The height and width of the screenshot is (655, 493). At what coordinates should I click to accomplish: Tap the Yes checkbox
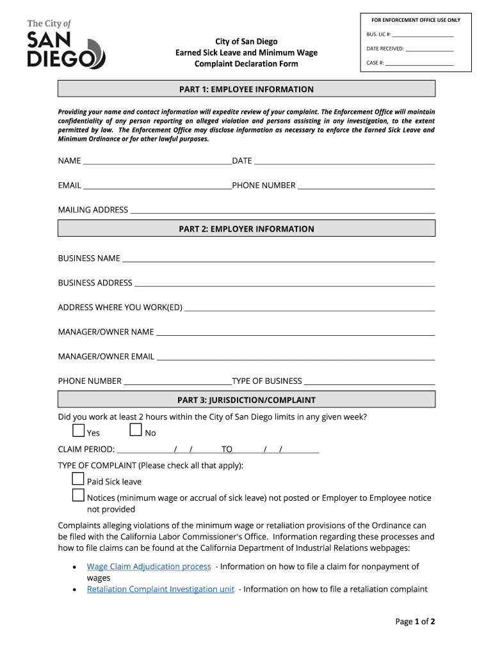pyautogui.click(x=78, y=430)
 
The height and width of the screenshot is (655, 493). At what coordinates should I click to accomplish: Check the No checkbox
pyautogui.click(x=136, y=430)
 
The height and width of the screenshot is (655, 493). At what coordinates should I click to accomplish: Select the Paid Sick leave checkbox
pyautogui.click(x=78, y=479)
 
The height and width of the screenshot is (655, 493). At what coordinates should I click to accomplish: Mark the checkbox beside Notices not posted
pyautogui.click(x=78, y=495)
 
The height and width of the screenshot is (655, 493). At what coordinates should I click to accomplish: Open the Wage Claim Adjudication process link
pyautogui.click(x=149, y=567)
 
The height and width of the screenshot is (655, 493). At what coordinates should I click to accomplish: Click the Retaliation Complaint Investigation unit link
pyautogui.click(x=160, y=589)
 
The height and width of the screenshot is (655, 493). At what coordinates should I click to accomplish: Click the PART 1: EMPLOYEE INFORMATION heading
pyautogui.click(x=247, y=89)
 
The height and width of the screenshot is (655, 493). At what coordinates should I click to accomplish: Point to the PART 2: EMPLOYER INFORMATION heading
pyautogui.click(x=247, y=228)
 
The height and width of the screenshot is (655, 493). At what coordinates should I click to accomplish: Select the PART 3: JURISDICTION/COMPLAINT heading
pyautogui.click(x=247, y=400)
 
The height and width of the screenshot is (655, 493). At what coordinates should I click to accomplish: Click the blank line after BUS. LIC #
pyautogui.click(x=423, y=35)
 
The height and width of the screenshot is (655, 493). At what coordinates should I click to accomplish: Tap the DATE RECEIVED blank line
pyautogui.click(x=430, y=49)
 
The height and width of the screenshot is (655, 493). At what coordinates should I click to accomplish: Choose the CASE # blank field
pyautogui.click(x=419, y=63)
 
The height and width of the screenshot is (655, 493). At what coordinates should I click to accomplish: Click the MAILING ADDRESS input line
pyautogui.click(x=282, y=210)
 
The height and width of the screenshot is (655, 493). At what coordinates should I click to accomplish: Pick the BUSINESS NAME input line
pyautogui.click(x=279, y=259)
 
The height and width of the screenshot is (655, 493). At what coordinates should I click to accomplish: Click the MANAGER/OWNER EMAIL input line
pyautogui.click(x=296, y=357)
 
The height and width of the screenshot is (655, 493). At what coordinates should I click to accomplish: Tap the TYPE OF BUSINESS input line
pyautogui.click(x=369, y=382)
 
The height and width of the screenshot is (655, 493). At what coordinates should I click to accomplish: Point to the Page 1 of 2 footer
pyautogui.click(x=415, y=621)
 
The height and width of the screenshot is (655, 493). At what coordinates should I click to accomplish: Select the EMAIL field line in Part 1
pyautogui.click(x=158, y=186)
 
